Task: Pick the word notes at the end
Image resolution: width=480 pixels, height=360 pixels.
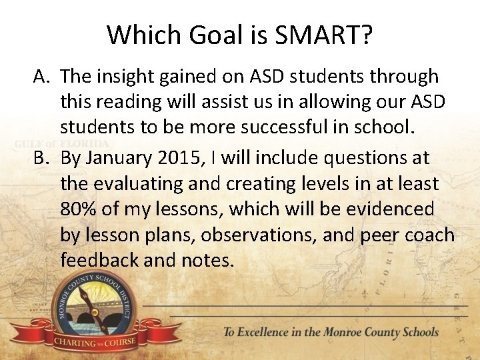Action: pyautogui.click(x=207, y=260)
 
